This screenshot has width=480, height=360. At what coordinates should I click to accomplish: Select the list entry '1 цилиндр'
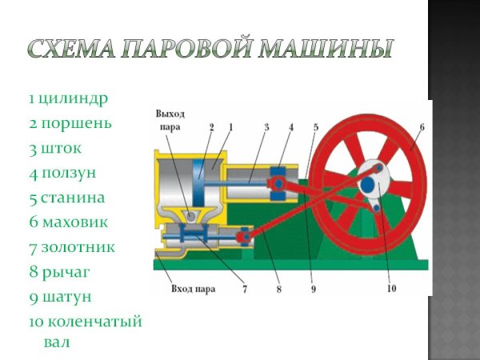click(x=68, y=99)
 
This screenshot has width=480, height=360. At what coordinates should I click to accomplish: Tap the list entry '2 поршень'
click(x=70, y=124)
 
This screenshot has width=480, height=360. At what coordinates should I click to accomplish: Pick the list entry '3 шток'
click(x=55, y=148)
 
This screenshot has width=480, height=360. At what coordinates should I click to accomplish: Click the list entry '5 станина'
click(x=67, y=198)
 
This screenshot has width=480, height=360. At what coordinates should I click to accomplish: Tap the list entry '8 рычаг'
click(x=59, y=272)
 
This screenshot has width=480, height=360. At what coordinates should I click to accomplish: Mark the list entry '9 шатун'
click(x=60, y=297)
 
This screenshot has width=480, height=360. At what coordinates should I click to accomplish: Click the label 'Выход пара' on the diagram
click(x=170, y=120)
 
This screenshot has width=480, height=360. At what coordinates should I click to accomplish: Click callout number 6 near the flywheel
click(x=422, y=126)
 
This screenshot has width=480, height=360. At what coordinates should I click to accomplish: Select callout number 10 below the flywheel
click(x=390, y=289)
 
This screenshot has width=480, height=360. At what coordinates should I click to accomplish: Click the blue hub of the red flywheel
click(x=368, y=185)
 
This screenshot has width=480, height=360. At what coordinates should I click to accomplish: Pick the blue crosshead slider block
click(x=280, y=183)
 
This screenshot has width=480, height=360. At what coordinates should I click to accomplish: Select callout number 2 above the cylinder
click(x=212, y=126)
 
